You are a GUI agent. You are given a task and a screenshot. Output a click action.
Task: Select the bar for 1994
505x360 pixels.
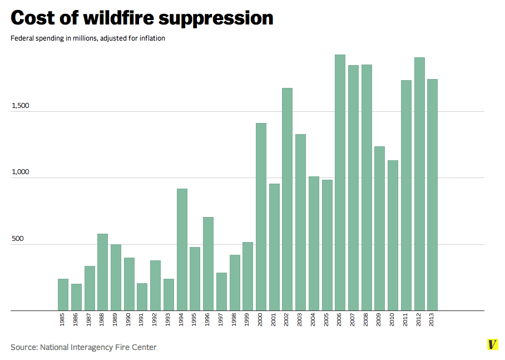[x=182, y=250]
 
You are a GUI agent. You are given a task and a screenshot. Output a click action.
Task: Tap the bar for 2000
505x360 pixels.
[x=261, y=217]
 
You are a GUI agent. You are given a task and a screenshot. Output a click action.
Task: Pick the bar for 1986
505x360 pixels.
[x=76, y=297]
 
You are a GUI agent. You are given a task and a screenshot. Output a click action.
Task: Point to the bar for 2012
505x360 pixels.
[x=419, y=184]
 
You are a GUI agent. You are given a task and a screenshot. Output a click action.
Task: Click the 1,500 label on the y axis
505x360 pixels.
[x=21, y=106]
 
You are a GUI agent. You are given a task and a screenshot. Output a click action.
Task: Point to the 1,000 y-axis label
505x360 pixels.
[x=21, y=172]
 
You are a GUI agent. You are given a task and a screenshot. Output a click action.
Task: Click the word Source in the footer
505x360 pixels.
[x=24, y=347]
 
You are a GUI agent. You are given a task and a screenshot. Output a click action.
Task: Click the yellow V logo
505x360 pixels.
[x=492, y=344]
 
